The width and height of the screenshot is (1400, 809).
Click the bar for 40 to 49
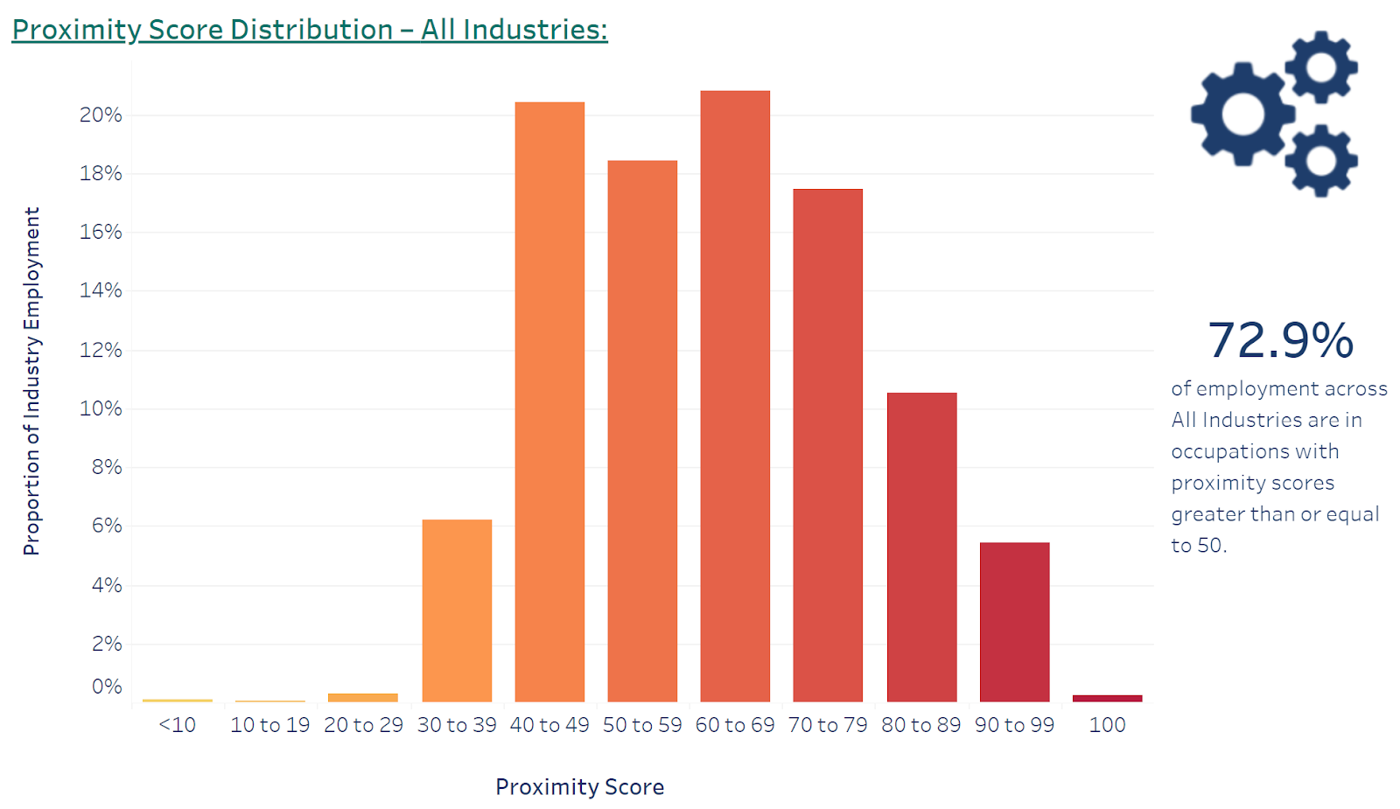coord(549,402)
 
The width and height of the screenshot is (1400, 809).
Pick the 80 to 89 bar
coord(921,547)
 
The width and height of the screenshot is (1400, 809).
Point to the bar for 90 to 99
coord(1014,622)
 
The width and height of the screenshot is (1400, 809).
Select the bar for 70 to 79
coord(828,445)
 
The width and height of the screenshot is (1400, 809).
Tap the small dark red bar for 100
coord(1107,698)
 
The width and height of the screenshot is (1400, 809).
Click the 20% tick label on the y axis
coord(101,115)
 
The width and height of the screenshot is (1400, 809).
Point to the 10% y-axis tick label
coord(101,408)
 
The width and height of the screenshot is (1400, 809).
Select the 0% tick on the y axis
coord(107,687)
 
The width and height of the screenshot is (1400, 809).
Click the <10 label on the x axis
coord(178,725)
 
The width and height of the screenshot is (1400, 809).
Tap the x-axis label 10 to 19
coord(269,725)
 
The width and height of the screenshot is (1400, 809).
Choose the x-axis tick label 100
coord(1107,725)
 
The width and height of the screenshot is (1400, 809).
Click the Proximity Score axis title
coord(579,787)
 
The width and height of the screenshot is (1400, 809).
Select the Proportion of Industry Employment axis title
coord(31,381)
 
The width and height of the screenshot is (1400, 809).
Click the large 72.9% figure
coord(1280,340)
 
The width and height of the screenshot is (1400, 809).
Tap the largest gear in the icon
coord(1242,114)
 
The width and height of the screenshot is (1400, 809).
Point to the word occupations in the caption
coord(1255,451)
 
